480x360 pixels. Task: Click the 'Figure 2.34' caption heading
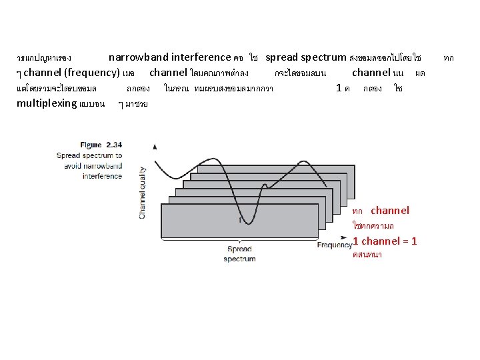tap(101, 144)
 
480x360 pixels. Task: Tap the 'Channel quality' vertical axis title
tap(142, 193)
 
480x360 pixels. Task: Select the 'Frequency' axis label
tap(335, 245)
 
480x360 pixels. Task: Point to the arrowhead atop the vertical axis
tap(155, 146)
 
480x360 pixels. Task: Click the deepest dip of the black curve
tap(244, 224)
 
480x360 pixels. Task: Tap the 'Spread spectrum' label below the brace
tap(239, 254)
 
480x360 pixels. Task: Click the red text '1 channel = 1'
tap(385, 241)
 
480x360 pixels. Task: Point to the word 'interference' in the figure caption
tap(102, 176)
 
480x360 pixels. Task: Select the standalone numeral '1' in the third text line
tap(339, 87)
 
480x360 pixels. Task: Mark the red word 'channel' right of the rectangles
tap(390, 211)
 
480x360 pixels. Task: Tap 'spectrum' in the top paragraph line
tap(324, 57)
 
